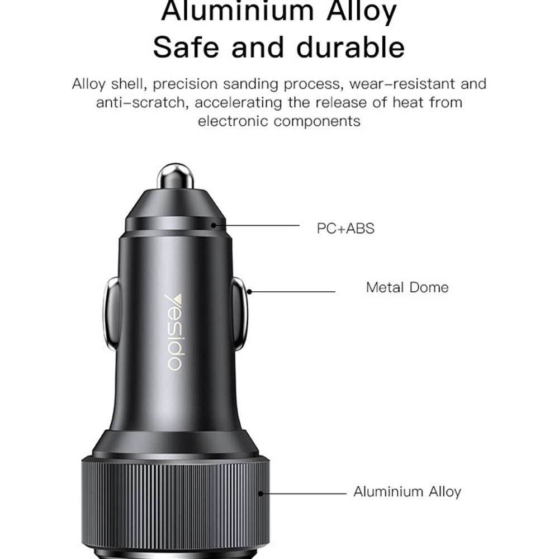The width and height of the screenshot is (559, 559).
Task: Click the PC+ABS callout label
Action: coord(345,228)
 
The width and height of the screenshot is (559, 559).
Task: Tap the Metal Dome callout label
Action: coord(407,287)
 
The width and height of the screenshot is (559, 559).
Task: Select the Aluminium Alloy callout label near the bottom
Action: coord(407,492)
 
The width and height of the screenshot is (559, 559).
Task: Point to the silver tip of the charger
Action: coord(175,176)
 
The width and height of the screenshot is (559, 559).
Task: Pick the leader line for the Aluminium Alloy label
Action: coord(305,494)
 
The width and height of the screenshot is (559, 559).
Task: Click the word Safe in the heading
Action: coord(187,47)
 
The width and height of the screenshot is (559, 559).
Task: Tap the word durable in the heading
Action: coord(350,47)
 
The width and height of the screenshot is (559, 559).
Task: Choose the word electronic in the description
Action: coord(233,121)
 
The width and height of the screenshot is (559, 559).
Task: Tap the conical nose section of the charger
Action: coord(175,204)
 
